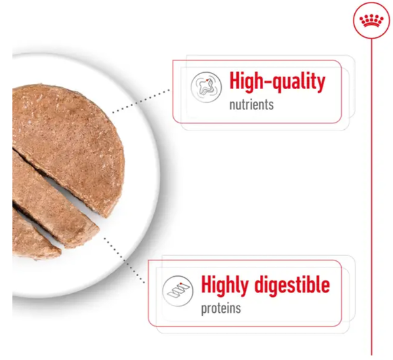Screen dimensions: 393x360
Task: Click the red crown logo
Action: pyautogui.click(x=372, y=20)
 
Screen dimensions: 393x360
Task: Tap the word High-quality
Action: pyautogui.click(x=278, y=81)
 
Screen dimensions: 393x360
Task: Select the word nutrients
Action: pyautogui.click(x=251, y=105)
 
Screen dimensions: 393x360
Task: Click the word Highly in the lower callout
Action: pyautogui.click(x=224, y=285)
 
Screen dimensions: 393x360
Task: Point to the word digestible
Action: pyautogui.click(x=292, y=285)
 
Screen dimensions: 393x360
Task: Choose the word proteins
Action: pyautogui.click(x=221, y=308)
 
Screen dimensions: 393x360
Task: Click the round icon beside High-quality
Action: pyautogui.click(x=206, y=87)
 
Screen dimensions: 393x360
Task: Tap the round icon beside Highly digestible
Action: pyautogui.click(x=178, y=291)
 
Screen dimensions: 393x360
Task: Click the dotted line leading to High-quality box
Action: pyautogui.click(x=141, y=101)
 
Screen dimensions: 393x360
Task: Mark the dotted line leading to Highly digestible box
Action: pyautogui.click(x=124, y=260)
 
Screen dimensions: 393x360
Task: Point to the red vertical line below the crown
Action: pyautogui.click(x=372, y=197)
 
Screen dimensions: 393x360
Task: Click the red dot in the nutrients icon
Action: pyautogui.click(x=207, y=80)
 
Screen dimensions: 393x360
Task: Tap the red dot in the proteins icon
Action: pyautogui.click(x=180, y=284)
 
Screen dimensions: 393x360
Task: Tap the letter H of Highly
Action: pyautogui.click(x=207, y=284)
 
